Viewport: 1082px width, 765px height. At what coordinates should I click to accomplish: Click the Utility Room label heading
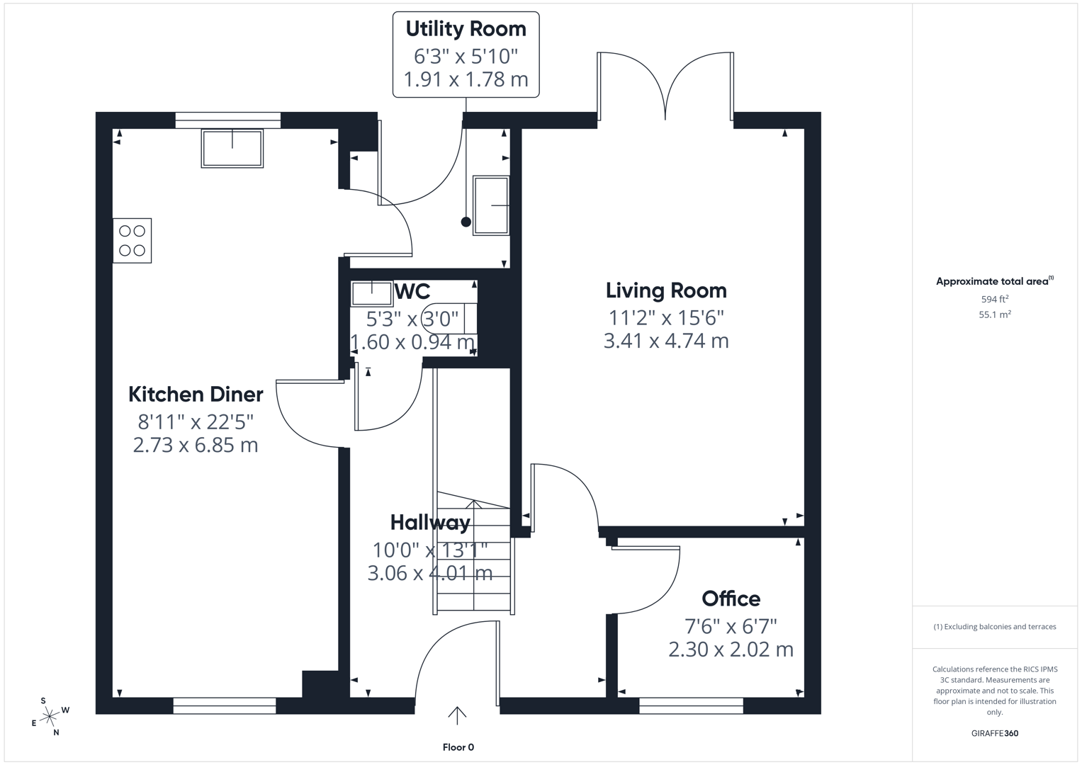(466, 29)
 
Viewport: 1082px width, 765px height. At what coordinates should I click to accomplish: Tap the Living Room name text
(666, 290)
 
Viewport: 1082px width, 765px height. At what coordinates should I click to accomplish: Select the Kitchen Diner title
(196, 395)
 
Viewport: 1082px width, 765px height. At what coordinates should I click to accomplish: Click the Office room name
(731, 599)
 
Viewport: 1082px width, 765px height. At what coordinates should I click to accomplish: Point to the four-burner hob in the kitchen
(133, 241)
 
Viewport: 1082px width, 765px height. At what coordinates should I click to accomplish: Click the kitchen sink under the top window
(232, 148)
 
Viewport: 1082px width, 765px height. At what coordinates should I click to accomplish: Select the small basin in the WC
(372, 293)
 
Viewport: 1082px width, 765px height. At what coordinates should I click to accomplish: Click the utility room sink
(491, 205)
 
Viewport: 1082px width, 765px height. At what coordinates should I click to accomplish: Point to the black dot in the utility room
(466, 222)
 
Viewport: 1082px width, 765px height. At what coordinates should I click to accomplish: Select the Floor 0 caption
(458, 747)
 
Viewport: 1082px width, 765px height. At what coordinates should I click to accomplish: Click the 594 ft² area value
(994, 300)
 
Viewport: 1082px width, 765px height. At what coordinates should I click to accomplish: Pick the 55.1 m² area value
(994, 314)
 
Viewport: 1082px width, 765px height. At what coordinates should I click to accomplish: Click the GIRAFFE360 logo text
(994, 733)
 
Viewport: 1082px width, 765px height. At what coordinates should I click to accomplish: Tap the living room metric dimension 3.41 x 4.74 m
(666, 341)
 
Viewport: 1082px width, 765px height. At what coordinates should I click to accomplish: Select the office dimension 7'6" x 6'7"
(731, 627)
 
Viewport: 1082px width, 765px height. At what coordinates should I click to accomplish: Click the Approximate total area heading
(993, 281)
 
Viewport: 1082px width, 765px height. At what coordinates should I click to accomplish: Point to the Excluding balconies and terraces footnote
(994, 627)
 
